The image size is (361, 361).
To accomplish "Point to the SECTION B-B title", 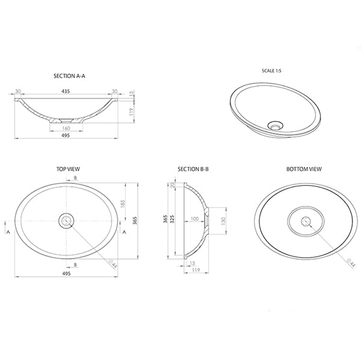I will [193, 170].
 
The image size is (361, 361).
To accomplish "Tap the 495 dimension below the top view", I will [66, 273].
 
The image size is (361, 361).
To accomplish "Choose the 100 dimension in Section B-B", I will [194, 219].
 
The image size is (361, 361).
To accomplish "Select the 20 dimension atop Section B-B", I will [172, 186].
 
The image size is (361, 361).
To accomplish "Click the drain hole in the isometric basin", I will [276, 126].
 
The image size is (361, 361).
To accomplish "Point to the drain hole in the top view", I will [66, 220].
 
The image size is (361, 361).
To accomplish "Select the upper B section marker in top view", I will [75, 179].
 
